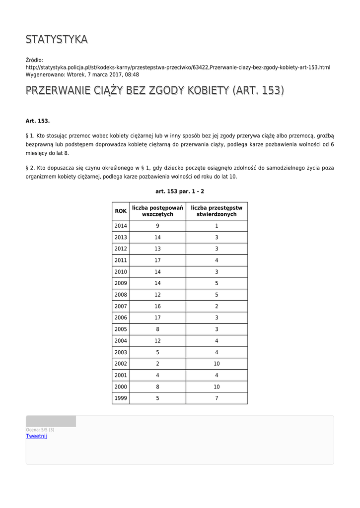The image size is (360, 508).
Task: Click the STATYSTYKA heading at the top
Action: tap(57, 39)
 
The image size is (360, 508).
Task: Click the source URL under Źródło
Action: tap(178, 67)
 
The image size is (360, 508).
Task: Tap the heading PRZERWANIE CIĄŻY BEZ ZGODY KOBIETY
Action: tap(154, 91)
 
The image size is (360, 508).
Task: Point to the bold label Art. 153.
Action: tap(38, 121)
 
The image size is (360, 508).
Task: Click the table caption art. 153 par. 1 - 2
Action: tap(179, 191)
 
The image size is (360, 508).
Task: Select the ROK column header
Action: tap(121, 211)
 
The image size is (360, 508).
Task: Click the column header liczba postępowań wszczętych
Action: tap(157, 211)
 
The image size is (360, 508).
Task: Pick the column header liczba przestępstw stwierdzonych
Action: tap(216, 211)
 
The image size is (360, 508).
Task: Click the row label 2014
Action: tap(121, 226)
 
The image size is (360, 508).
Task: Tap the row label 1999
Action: tap(121, 398)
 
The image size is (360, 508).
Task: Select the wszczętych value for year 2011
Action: tap(157, 260)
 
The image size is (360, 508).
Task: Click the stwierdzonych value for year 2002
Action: tap(216, 364)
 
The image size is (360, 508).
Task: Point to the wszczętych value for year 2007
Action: tap(157, 307)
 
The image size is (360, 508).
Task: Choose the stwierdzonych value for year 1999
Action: tap(216, 398)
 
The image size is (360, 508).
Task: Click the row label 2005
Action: tap(121, 329)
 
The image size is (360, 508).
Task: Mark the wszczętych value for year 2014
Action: tap(157, 226)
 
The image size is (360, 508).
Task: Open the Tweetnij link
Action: tap(36, 436)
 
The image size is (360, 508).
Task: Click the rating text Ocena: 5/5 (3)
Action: tap(40, 430)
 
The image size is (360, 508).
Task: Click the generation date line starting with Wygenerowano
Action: tap(82, 75)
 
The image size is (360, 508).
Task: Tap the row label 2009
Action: tap(121, 283)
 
